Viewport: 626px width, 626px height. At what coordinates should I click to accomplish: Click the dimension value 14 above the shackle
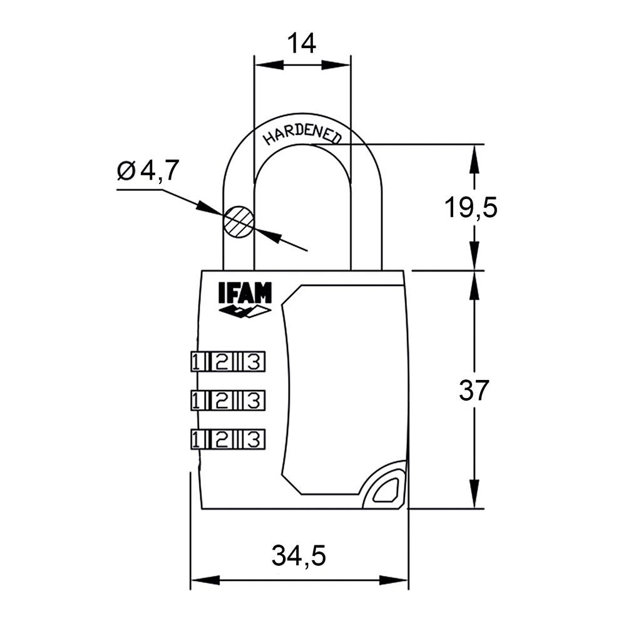coord(301,43)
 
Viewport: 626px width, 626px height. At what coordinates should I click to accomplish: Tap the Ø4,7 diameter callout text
coord(148,170)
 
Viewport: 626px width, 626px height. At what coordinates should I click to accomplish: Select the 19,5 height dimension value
coord(471,207)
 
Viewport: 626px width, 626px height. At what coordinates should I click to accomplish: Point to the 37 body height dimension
coord(473,391)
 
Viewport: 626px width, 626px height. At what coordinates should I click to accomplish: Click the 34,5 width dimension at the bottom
coord(299,555)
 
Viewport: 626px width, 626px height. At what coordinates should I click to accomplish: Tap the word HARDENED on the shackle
coord(302,133)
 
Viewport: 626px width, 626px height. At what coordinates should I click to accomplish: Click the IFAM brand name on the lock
coord(245,294)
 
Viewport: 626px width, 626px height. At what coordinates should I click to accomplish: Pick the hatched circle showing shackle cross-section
coord(240,222)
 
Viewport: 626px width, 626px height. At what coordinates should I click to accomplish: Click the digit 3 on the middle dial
coord(252,400)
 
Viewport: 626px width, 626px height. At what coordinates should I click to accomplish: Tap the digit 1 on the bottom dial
coord(197,438)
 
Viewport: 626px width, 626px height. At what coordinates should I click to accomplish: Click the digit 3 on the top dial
coord(252,362)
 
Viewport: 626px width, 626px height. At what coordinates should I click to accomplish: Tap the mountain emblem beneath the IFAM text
coord(245,311)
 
